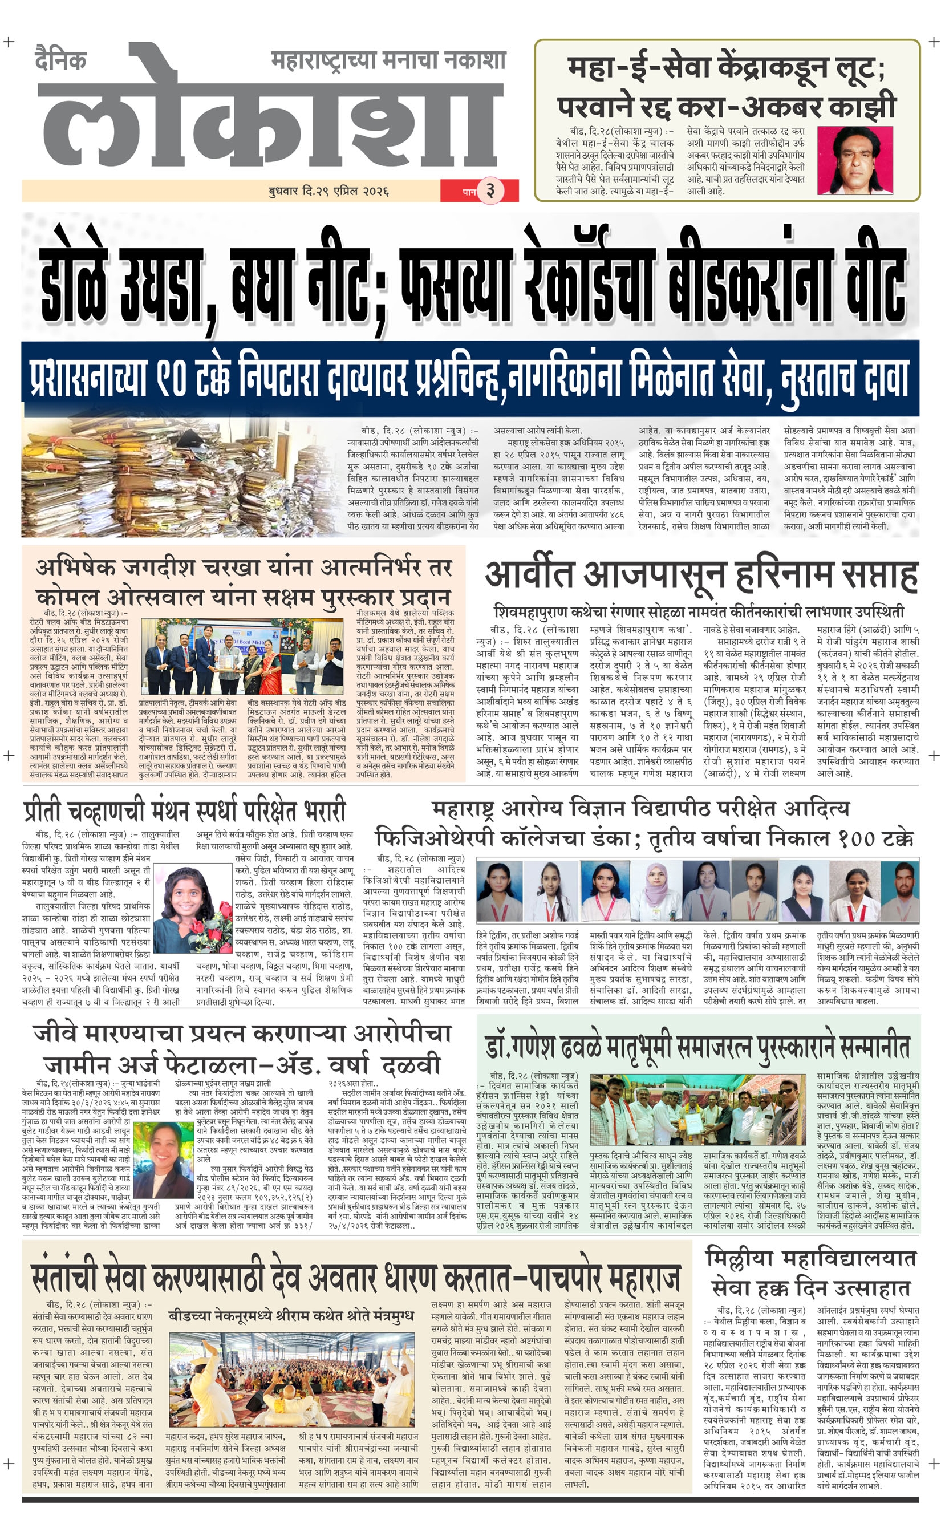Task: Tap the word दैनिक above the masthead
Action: click(60, 60)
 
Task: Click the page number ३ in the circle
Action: click(490, 190)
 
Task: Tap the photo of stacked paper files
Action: click(181, 478)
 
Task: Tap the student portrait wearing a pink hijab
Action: click(658, 890)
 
